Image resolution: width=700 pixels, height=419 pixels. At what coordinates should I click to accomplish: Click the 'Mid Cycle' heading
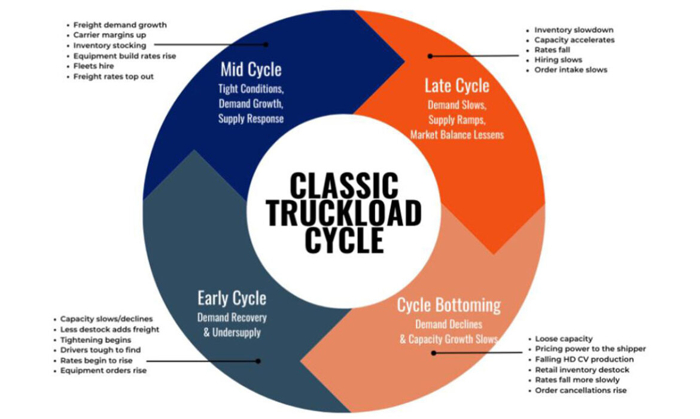pyautogui.click(x=251, y=70)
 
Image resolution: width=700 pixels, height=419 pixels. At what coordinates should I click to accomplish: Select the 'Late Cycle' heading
pyautogui.click(x=456, y=86)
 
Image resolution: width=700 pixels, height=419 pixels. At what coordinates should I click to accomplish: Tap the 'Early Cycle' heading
pyautogui.click(x=232, y=298)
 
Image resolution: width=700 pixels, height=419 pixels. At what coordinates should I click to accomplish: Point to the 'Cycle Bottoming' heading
pyautogui.click(x=449, y=305)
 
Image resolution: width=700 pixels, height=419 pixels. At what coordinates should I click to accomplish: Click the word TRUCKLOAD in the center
pyautogui.click(x=344, y=213)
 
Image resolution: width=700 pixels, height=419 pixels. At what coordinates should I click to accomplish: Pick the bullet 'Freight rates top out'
pyautogui.click(x=114, y=77)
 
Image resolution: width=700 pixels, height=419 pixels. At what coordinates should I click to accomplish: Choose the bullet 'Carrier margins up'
pyautogui.click(x=110, y=35)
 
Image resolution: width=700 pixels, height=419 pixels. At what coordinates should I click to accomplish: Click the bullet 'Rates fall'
pyautogui.click(x=552, y=50)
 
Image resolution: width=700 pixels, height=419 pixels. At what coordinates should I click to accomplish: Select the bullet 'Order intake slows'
pyautogui.click(x=571, y=70)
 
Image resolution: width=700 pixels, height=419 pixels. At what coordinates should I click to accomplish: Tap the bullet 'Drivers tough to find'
pyautogui.click(x=101, y=350)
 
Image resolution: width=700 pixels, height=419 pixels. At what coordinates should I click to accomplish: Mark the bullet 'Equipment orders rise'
pyautogui.click(x=104, y=371)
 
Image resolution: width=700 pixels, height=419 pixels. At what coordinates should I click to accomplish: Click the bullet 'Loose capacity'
pyautogui.click(x=564, y=339)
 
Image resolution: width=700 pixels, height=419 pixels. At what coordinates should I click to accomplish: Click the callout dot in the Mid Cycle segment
pyautogui.click(x=267, y=44)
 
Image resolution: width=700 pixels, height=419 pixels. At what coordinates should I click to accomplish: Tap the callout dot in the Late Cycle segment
pyautogui.click(x=430, y=56)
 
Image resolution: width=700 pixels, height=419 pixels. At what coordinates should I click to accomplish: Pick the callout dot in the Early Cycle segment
pyautogui.click(x=258, y=361)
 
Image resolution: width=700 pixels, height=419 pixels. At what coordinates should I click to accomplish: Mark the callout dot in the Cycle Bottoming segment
pyautogui.click(x=433, y=353)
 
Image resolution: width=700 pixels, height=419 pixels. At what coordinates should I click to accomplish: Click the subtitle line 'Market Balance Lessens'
pyautogui.click(x=457, y=135)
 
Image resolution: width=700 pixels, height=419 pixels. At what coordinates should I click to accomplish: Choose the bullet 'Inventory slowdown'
pyautogui.click(x=574, y=30)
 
